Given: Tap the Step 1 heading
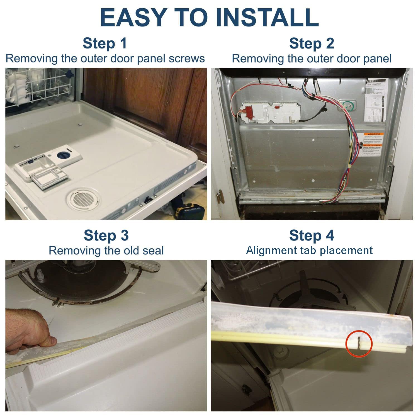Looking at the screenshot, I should (104, 43).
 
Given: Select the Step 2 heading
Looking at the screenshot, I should (311, 43).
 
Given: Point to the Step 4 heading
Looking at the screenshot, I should (311, 235).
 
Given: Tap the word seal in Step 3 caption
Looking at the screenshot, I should (153, 251).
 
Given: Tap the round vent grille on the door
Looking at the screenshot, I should (82, 199).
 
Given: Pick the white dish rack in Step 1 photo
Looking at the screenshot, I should (39, 86).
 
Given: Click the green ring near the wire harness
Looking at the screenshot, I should (348, 106).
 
